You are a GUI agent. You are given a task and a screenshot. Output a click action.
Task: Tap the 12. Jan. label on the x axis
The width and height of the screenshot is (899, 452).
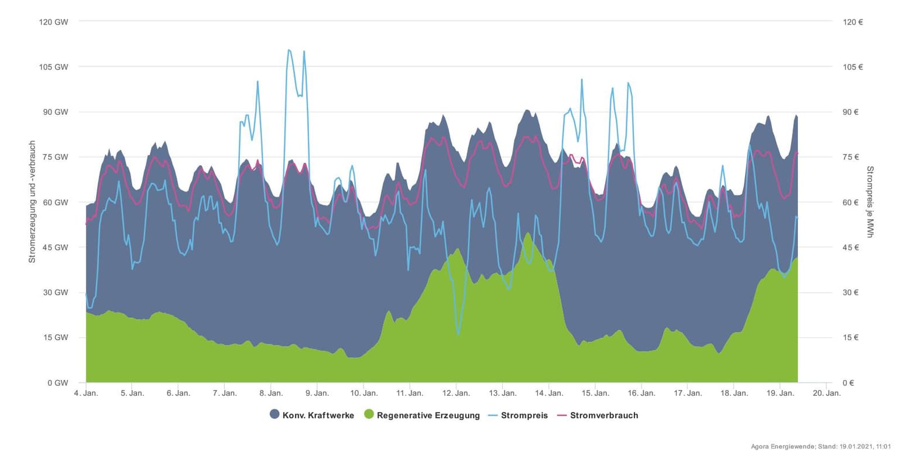[x=456, y=393]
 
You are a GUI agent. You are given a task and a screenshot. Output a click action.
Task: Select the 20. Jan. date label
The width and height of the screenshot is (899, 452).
[x=826, y=393]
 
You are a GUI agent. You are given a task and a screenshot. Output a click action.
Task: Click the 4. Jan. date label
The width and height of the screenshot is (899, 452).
[x=85, y=393]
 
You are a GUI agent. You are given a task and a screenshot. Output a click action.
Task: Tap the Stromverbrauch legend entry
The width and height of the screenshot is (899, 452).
[x=604, y=415]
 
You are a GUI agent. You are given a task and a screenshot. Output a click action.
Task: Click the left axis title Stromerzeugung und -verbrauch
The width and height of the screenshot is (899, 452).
[x=32, y=201]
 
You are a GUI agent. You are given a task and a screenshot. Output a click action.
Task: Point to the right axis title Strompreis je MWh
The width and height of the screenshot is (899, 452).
[x=870, y=201]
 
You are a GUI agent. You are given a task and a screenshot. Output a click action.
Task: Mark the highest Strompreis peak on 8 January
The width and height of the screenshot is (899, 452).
[x=289, y=50]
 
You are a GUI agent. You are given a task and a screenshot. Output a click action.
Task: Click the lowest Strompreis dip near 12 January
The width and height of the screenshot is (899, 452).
[x=458, y=334]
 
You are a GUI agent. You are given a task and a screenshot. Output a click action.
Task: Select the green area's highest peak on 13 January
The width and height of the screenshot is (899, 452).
[x=528, y=233]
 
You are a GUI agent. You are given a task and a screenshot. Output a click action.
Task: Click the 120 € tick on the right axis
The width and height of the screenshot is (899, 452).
[x=853, y=22]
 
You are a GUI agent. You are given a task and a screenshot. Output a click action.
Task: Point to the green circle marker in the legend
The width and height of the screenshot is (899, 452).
[x=369, y=415]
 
